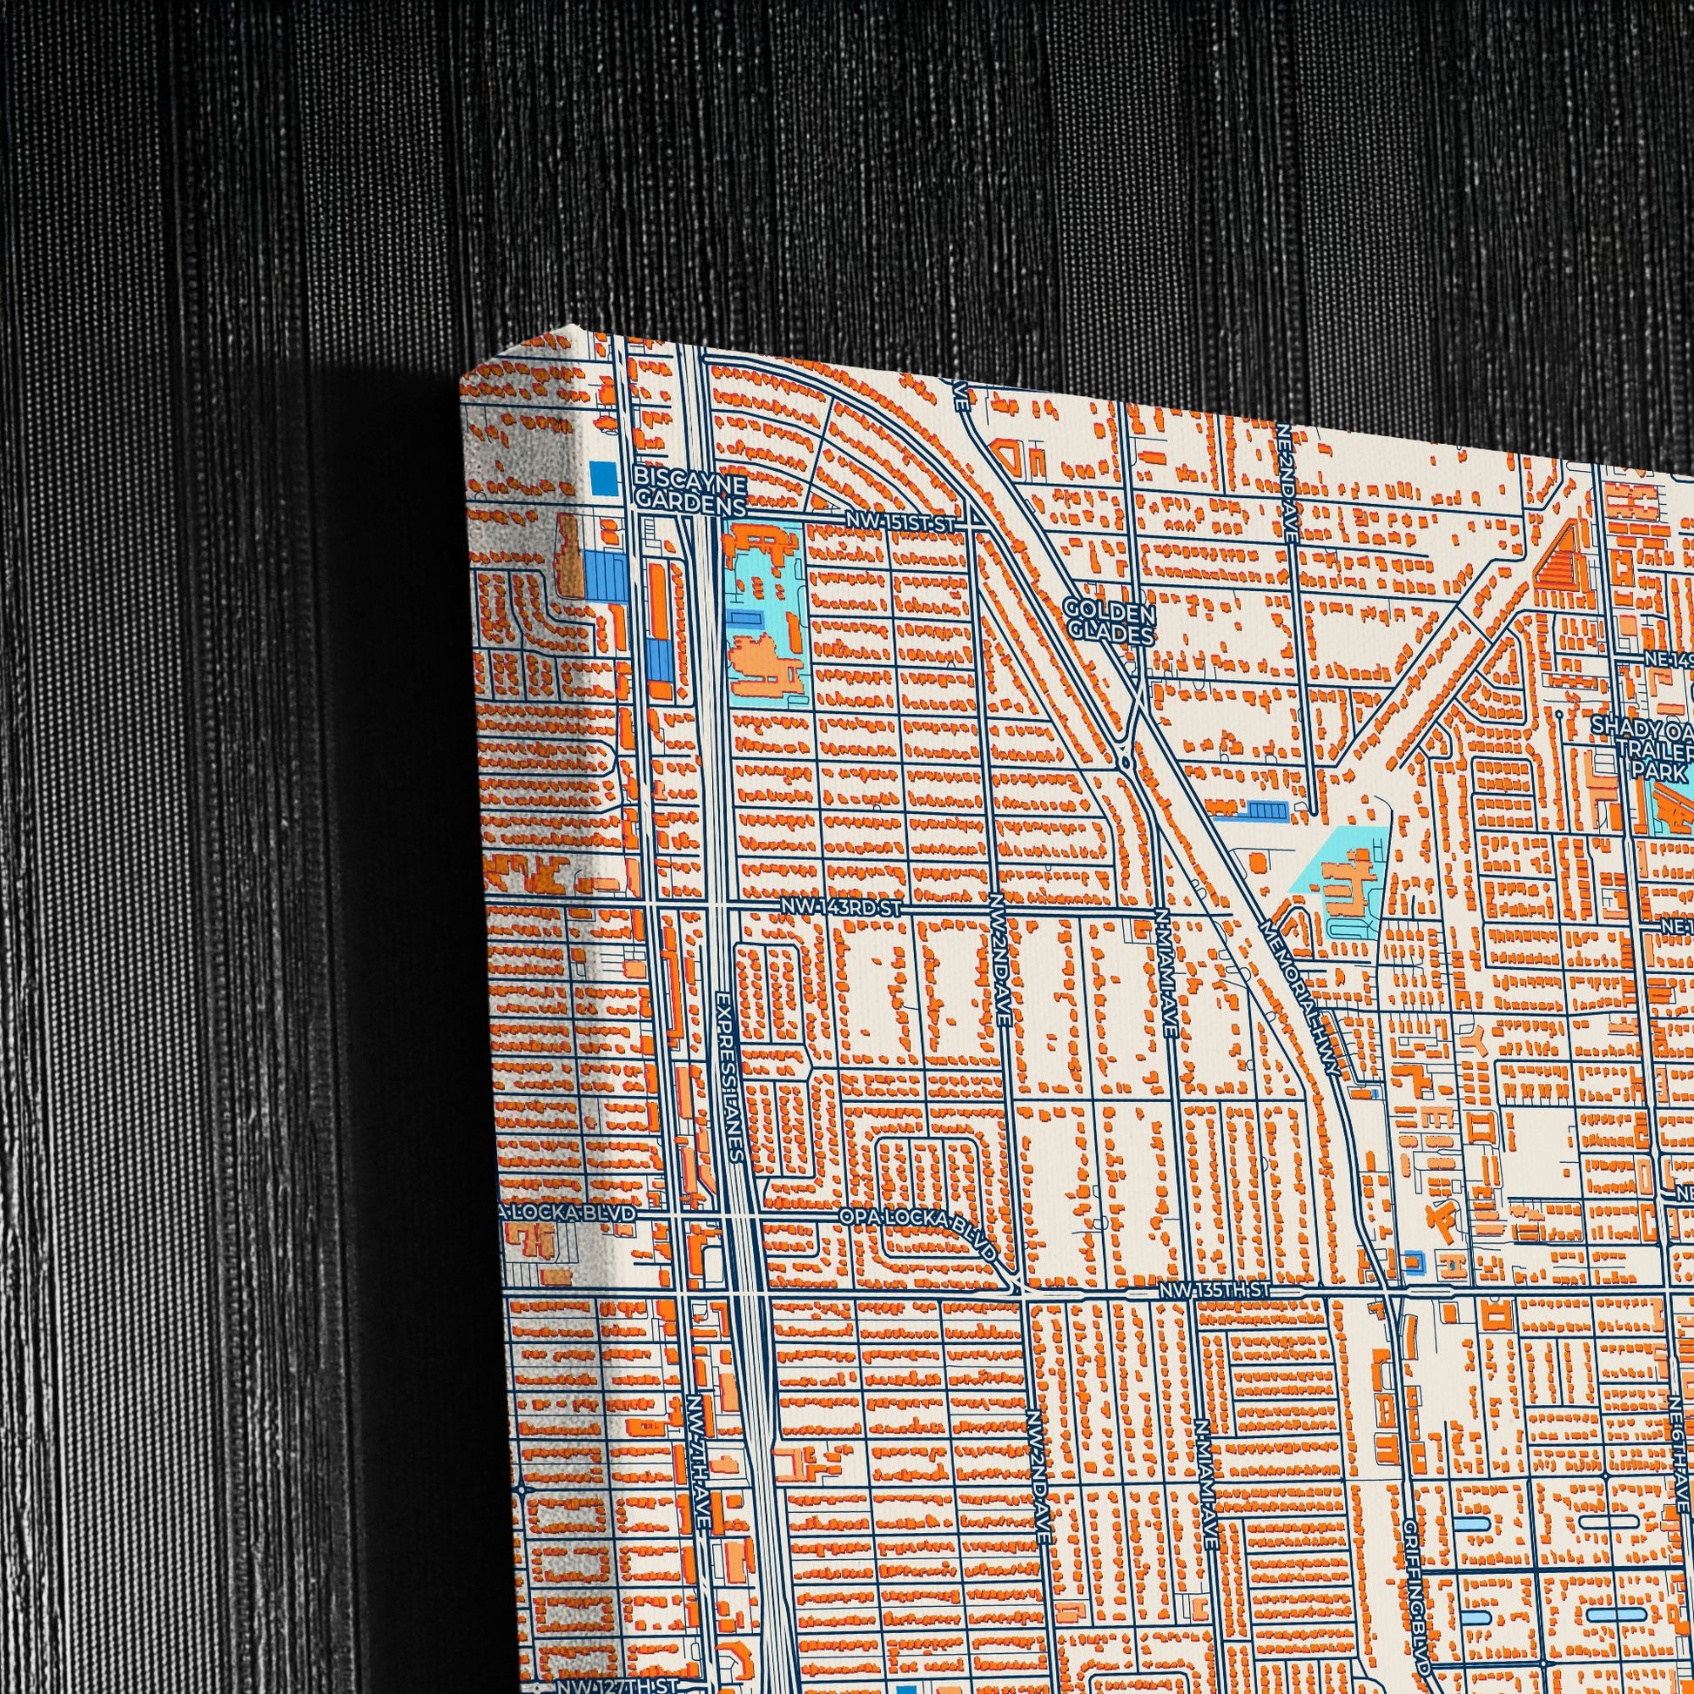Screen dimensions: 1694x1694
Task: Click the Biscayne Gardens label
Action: tap(689, 491)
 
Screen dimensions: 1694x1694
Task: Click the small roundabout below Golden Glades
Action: tap(1125, 765)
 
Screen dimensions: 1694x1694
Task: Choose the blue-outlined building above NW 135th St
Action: tap(1413, 1262)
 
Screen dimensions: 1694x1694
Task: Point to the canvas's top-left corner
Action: tap(462, 379)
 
